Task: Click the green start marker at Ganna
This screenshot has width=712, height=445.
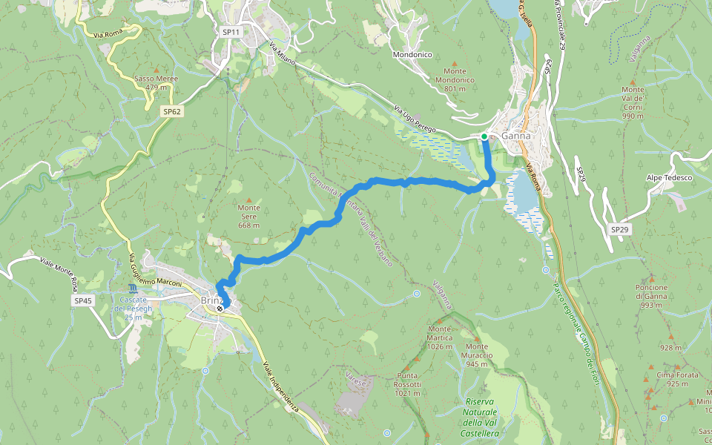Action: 484,136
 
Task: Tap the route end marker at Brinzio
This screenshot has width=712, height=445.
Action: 220,308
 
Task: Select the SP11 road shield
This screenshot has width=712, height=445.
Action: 231,32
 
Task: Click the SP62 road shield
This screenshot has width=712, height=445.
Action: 172,111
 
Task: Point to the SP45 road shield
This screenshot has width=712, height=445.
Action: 82,300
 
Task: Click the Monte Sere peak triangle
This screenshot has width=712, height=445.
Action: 249,200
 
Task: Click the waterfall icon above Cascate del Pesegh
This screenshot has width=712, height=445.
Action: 133,287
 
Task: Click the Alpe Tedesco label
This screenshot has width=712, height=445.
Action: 669,178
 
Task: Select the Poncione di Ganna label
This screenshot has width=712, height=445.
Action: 651,296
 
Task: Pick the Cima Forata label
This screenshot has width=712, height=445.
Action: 677,379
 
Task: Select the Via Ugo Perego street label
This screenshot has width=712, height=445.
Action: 415,116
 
